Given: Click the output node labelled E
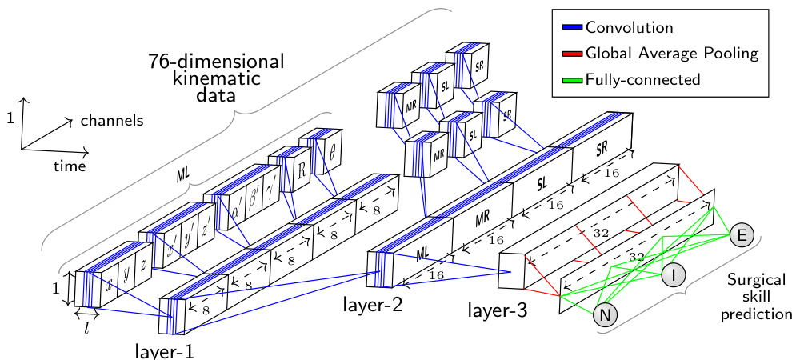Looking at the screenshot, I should (x=741, y=234).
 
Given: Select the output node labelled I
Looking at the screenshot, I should (x=674, y=274).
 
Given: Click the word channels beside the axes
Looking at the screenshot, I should (x=111, y=121).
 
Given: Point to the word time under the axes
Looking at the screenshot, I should (x=70, y=166).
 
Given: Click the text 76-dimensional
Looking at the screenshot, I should (x=216, y=62).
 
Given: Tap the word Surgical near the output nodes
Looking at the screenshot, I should (x=757, y=279).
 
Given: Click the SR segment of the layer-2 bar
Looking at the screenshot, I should (x=602, y=150).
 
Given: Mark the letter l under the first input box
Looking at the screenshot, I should (x=86, y=328).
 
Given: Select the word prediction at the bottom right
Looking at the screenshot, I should (x=756, y=314).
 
